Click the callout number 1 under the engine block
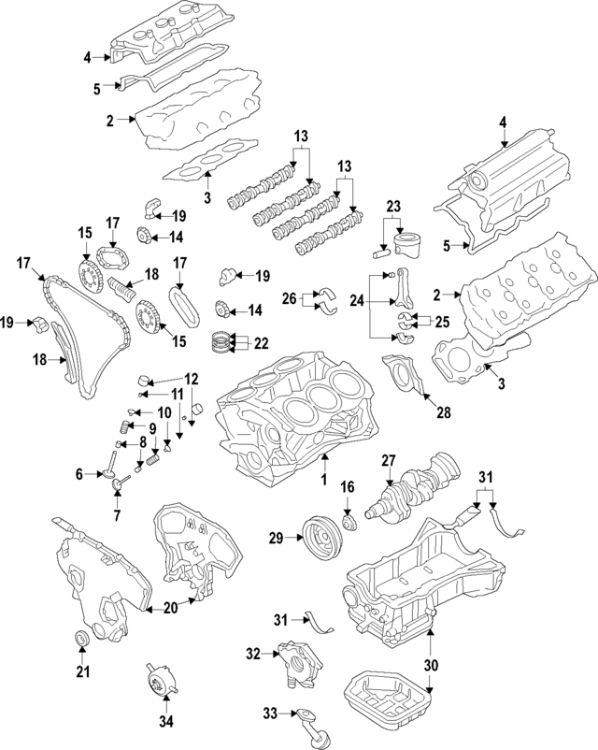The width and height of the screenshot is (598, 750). click(323, 481)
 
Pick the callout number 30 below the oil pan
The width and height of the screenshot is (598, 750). click(431, 666)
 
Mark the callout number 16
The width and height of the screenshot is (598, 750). click(347, 487)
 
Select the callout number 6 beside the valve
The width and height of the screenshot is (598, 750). click(80, 475)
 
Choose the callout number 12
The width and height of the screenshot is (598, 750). click(191, 379)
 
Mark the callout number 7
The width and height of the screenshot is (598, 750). click(116, 515)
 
